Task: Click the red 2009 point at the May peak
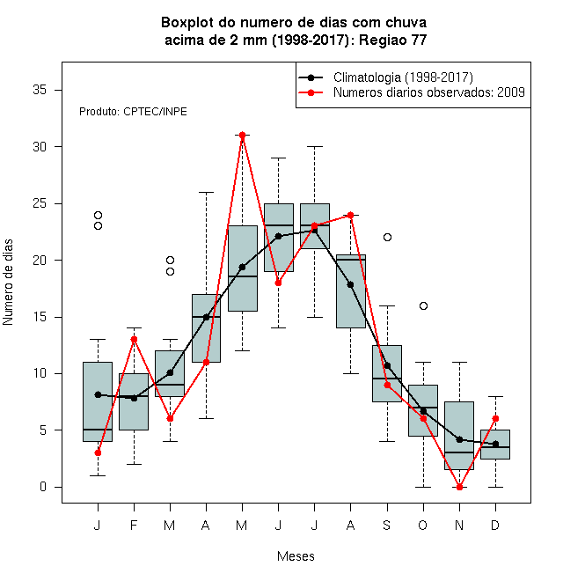tap(242, 135)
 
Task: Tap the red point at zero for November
tap(460, 487)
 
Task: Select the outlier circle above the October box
tap(423, 305)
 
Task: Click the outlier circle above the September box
tap(387, 237)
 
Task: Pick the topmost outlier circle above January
tap(98, 215)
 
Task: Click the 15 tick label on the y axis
tap(40, 317)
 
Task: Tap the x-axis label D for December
tap(495, 525)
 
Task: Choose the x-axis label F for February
tap(134, 525)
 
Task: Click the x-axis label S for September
tap(387, 525)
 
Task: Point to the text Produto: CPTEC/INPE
tap(133, 112)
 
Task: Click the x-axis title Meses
tap(296, 556)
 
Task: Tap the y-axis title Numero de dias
tap(8, 283)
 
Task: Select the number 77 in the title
tap(419, 40)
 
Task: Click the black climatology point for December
tap(495, 444)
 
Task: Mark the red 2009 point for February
tap(134, 340)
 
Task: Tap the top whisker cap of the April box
tap(207, 192)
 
